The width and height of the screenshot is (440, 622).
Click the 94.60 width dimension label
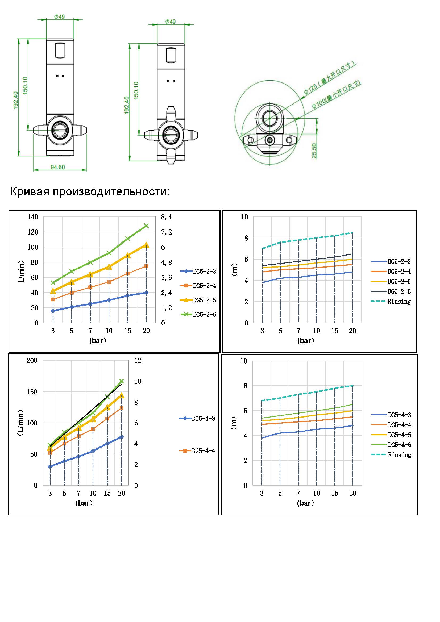(58, 167)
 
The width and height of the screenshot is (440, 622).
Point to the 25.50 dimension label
(314, 151)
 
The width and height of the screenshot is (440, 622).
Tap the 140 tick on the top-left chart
(33, 217)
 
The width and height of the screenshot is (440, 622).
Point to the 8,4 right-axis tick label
(166, 217)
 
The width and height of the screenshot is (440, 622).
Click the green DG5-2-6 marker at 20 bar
(146, 226)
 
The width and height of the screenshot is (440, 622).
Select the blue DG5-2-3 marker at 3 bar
(53, 311)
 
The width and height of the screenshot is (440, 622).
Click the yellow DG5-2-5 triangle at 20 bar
(146, 245)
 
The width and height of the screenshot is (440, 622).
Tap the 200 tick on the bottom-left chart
(32, 361)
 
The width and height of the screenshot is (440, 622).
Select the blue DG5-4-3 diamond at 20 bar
(122, 437)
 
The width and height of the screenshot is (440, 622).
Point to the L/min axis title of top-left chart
(21, 271)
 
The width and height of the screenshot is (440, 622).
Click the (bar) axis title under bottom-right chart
(306, 503)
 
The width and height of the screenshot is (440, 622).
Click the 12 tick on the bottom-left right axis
(138, 361)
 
